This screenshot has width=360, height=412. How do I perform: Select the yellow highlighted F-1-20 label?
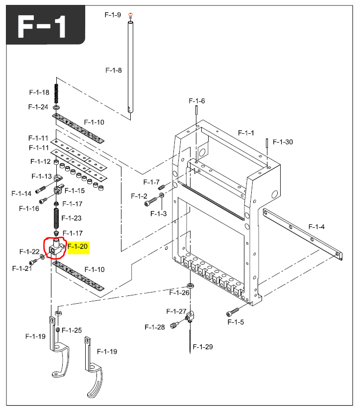click(x=77, y=246)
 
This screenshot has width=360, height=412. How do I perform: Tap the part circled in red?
click(x=55, y=247)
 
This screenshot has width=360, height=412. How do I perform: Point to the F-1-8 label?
click(x=113, y=70)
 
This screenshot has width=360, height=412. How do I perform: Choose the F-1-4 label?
click(x=316, y=226)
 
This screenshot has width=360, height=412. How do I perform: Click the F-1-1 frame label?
click(x=246, y=133)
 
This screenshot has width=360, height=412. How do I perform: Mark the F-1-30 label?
click(x=283, y=142)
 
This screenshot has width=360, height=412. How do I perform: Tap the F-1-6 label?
click(x=196, y=101)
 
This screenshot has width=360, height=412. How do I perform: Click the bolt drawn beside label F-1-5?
click(x=233, y=312)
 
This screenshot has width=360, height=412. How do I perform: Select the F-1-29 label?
click(x=203, y=347)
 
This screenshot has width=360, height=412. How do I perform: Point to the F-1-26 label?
click(x=179, y=293)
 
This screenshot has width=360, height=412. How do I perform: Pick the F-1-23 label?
click(x=72, y=218)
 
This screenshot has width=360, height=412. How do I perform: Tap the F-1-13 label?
click(x=42, y=176)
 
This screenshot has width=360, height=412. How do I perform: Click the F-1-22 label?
click(x=29, y=252)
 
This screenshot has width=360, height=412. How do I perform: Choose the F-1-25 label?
click(x=72, y=330)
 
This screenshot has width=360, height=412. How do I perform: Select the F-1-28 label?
click(x=154, y=327)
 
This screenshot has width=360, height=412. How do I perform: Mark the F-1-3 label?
click(x=158, y=214)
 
